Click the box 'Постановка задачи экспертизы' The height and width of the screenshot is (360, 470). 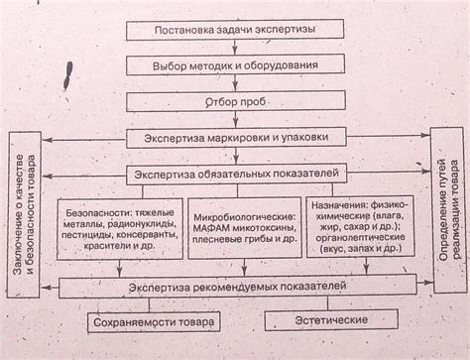click(234, 30)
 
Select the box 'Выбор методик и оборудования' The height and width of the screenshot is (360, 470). click(234, 66)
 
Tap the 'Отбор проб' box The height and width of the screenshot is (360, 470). click(234, 103)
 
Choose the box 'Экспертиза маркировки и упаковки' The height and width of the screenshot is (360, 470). click(234, 138)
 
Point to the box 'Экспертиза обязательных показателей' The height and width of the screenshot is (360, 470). click(234, 175)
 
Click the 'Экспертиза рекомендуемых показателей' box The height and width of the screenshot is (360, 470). click(234, 288)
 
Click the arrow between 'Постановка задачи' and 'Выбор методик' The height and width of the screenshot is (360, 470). click(234, 48)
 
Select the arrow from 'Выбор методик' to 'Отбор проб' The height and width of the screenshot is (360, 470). click(234, 84)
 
